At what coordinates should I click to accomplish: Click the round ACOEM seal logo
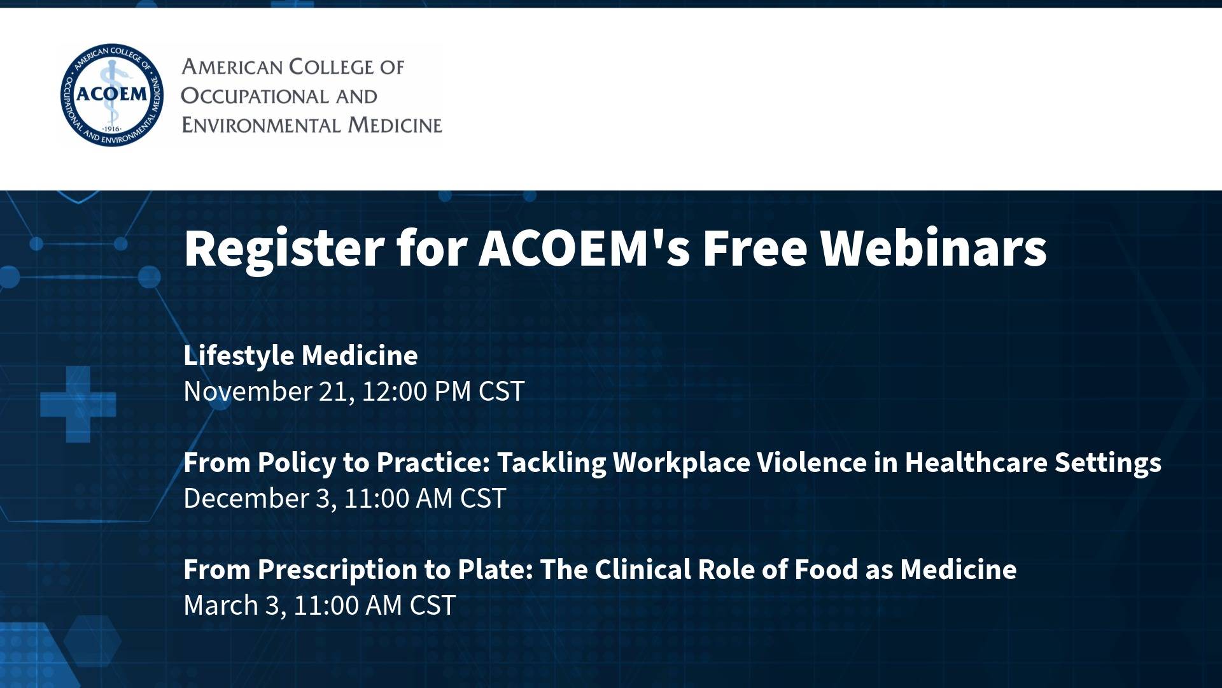point(112,95)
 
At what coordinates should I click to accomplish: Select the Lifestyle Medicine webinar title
point(300,355)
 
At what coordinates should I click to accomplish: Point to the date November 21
point(266,391)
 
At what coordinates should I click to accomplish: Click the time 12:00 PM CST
point(443,391)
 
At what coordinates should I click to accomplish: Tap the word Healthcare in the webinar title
point(976,462)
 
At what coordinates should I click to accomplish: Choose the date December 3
point(257,498)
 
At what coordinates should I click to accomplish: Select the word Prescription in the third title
point(342,570)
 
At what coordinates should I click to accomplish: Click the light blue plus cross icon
point(78,404)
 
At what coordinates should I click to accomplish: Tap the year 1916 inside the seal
point(112,129)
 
